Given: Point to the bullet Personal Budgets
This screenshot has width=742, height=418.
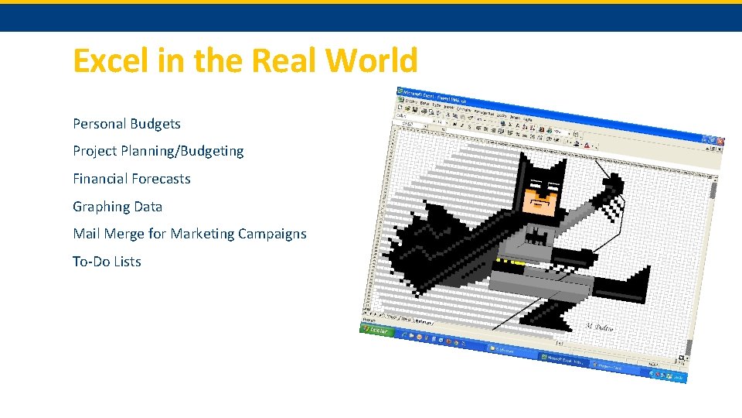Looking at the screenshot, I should tap(127, 124).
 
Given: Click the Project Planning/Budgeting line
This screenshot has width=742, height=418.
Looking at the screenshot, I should tap(158, 151).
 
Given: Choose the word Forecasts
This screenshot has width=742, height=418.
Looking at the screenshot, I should tap(160, 179).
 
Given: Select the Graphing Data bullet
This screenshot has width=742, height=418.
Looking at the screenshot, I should tap(117, 207).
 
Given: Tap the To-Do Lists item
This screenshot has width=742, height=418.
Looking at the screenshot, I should tap(107, 262).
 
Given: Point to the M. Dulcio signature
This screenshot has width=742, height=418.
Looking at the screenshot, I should tap(599, 327).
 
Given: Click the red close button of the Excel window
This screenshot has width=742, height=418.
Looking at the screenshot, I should tap(719, 142).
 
